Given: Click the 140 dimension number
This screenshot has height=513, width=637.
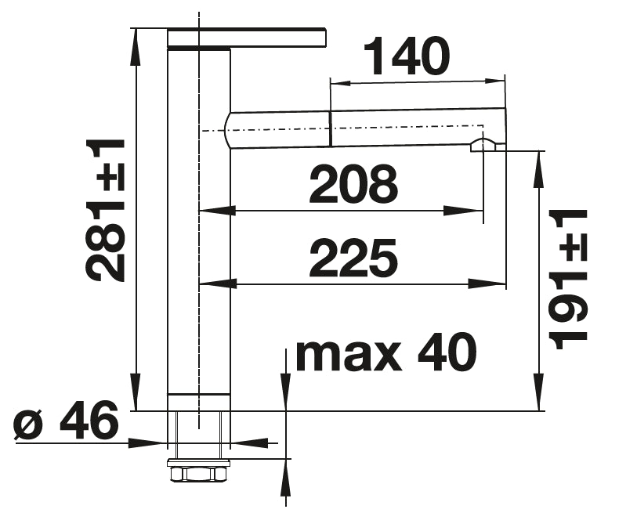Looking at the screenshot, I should [x=406, y=56].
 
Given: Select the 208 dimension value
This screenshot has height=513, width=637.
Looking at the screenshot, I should [x=353, y=185].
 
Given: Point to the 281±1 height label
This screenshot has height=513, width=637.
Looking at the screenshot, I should [x=106, y=210].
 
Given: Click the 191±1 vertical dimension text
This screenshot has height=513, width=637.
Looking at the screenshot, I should [x=567, y=280].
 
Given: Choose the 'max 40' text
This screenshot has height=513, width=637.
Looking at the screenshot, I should [x=385, y=353].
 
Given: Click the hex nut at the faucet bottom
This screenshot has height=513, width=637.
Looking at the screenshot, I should [x=198, y=474].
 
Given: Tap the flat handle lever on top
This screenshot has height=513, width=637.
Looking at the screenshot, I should [x=246, y=38].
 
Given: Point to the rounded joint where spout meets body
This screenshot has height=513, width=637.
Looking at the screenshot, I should [x=228, y=128].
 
